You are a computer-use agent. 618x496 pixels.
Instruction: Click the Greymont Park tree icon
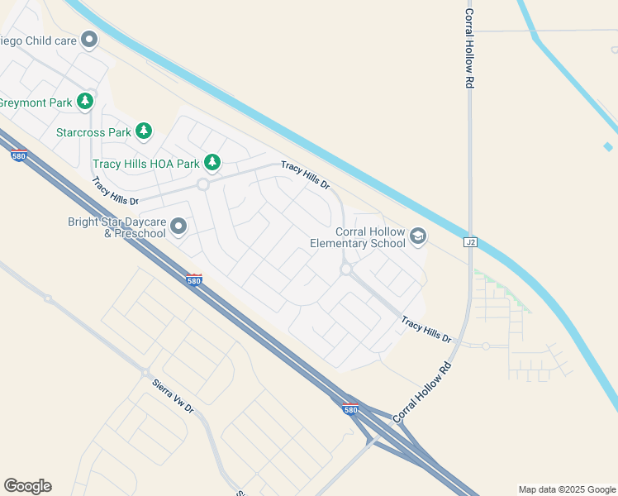pos(84,102)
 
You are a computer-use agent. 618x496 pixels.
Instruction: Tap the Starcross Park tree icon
pos(145,131)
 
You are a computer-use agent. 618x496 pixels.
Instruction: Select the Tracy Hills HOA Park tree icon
pos(212,162)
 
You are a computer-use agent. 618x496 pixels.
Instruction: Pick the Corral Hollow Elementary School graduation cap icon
pos(418,237)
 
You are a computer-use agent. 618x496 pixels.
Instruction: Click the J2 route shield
pos(471,242)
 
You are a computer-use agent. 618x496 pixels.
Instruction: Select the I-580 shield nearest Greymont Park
pos(19,155)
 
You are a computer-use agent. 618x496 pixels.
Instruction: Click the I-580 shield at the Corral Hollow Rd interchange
pos(351,409)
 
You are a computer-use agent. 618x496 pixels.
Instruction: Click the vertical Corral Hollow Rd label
pos(469,49)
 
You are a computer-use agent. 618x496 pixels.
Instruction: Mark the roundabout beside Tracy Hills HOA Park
pos(203,184)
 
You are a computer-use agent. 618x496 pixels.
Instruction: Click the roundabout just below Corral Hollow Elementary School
pos(346,269)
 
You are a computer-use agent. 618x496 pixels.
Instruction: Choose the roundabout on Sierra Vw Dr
pos(145,373)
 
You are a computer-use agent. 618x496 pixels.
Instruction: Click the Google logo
pos(27,486)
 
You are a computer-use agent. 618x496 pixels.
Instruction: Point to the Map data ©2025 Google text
pos(567,489)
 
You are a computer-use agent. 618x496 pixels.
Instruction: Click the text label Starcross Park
pos(94,132)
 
